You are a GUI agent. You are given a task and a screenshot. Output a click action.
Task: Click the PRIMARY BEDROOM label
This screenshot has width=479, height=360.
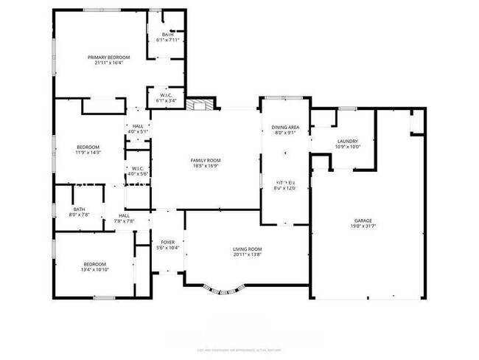coord(108,58)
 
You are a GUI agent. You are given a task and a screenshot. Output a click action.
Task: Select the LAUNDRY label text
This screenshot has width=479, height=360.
coord(347,141)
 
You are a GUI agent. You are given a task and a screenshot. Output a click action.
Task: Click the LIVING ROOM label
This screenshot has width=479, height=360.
coord(248,249)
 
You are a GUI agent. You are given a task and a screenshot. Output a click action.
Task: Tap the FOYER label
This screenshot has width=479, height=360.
coord(167,242)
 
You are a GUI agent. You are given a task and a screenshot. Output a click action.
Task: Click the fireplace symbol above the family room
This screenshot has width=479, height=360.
coord(197,105)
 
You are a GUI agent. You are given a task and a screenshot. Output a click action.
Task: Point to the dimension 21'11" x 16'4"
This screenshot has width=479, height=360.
coord(108,63)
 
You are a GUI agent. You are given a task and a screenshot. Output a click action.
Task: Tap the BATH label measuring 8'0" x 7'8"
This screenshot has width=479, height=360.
coord(79,209)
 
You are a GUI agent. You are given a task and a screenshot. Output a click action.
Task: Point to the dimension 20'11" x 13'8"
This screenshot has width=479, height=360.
coord(248,256)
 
